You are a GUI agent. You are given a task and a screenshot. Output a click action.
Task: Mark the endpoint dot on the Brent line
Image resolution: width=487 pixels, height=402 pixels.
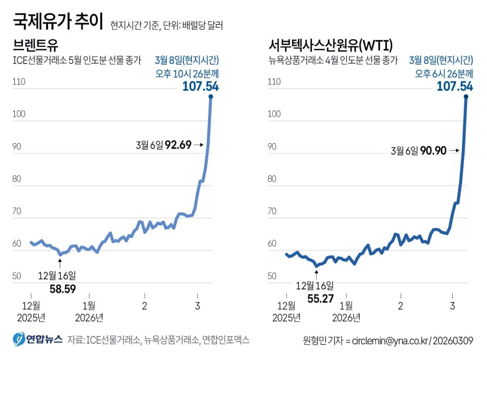point(211,96)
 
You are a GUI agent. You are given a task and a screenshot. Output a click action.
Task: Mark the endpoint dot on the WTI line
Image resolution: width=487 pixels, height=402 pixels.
point(466,96)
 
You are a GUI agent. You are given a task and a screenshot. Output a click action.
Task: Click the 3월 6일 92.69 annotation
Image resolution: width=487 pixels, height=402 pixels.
point(168,145)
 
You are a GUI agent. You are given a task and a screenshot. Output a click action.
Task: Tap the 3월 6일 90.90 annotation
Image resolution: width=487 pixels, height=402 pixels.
point(424,151)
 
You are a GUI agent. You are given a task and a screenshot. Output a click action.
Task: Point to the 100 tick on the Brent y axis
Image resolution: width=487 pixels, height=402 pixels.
point(19,114)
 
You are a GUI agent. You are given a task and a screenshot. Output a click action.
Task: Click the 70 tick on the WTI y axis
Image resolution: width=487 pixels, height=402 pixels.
point(274,211)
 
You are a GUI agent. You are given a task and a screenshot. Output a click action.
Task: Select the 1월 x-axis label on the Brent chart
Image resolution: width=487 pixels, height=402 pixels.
point(89,306)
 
